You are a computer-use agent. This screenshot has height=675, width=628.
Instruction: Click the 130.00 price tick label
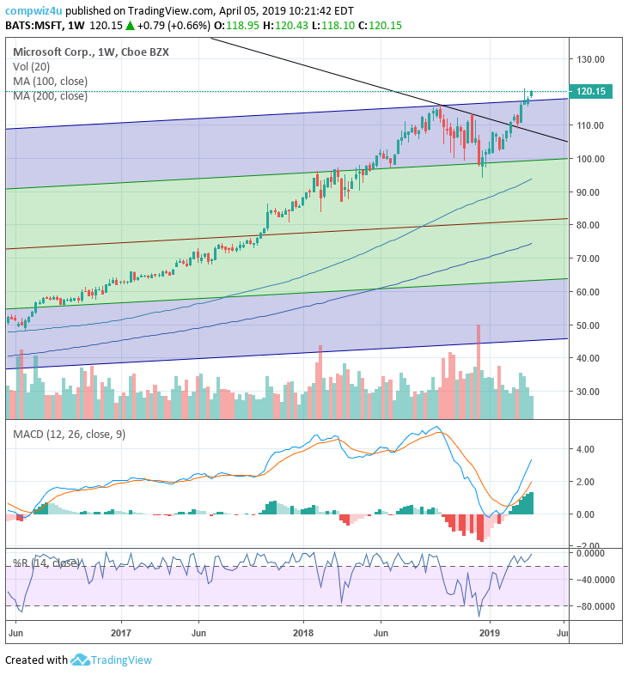coord(592,59)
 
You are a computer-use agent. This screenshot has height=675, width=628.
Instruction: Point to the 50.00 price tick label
coord(589,325)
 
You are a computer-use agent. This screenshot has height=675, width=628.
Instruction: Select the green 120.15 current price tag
coord(593,91)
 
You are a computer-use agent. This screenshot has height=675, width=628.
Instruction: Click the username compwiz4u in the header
coord(33,11)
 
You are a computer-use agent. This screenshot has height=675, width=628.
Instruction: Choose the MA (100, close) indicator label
coord(50,81)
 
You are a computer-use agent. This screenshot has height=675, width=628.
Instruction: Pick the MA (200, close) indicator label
coord(50,95)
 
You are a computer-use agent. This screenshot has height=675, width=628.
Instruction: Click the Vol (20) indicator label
coord(33,66)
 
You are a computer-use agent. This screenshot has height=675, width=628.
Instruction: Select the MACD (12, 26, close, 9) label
coord(69,434)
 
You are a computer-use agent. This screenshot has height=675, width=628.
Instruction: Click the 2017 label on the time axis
coord(121,634)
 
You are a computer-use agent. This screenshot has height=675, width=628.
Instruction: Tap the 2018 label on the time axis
coord(302,634)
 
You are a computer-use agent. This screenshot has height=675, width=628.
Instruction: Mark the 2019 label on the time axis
coord(490,634)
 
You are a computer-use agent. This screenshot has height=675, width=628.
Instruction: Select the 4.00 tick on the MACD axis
coord(587,448)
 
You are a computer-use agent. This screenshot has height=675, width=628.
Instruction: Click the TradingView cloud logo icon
coord(81,660)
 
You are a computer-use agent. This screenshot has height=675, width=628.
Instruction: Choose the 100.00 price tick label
coord(592,159)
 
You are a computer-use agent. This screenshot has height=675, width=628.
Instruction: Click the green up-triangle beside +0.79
coord(130,27)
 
